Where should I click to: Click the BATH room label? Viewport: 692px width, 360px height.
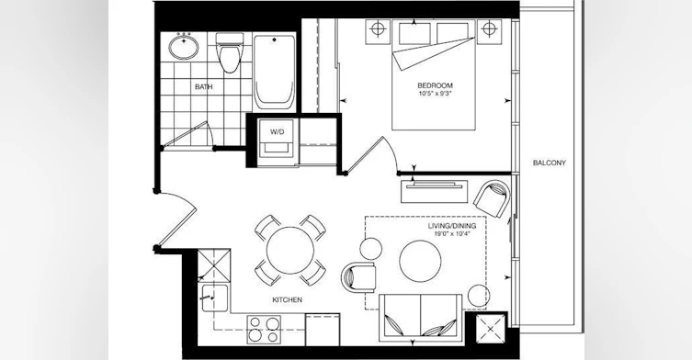[203, 87]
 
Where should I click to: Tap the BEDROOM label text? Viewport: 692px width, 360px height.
[436, 85]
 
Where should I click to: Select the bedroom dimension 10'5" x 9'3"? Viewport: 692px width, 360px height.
[436, 94]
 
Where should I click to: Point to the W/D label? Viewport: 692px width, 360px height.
[278, 132]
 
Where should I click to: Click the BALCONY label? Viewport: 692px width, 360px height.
[549, 163]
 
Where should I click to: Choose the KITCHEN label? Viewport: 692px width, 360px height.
[288, 300]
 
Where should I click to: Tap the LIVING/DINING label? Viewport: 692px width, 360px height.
[452, 226]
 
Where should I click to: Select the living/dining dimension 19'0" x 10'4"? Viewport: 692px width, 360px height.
[452, 234]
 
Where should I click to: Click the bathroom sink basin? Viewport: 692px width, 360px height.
[184, 47]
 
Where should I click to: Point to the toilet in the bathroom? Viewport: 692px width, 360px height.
[229, 53]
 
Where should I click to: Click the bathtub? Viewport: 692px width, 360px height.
[274, 73]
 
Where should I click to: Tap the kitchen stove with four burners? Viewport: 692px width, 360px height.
[264, 330]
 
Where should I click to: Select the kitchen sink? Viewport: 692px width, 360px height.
[215, 298]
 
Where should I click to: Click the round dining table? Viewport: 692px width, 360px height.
[290, 250]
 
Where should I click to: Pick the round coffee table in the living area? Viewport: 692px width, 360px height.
[420, 261]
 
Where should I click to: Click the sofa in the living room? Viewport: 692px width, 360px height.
[421, 318]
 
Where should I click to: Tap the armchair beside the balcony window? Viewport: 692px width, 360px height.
[492, 198]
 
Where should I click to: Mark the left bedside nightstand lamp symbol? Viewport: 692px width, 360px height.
[378, 29]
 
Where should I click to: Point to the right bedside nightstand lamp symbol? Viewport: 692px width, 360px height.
[489, 29]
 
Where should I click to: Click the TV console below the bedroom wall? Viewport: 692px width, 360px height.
[435, 191]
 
